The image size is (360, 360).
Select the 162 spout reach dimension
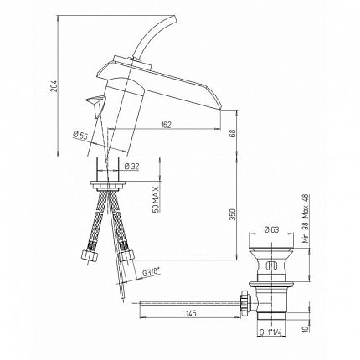tap(166, 125)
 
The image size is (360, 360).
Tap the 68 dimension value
tap(233, 134)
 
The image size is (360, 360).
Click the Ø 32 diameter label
tap(131, 167)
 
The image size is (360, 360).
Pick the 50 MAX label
tap(156, 199)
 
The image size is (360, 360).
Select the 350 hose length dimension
tap(233, 214)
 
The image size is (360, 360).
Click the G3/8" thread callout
tap(151, 271)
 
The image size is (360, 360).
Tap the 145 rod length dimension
tap(191, 313)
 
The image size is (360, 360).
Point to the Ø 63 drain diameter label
tap(271, 229)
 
